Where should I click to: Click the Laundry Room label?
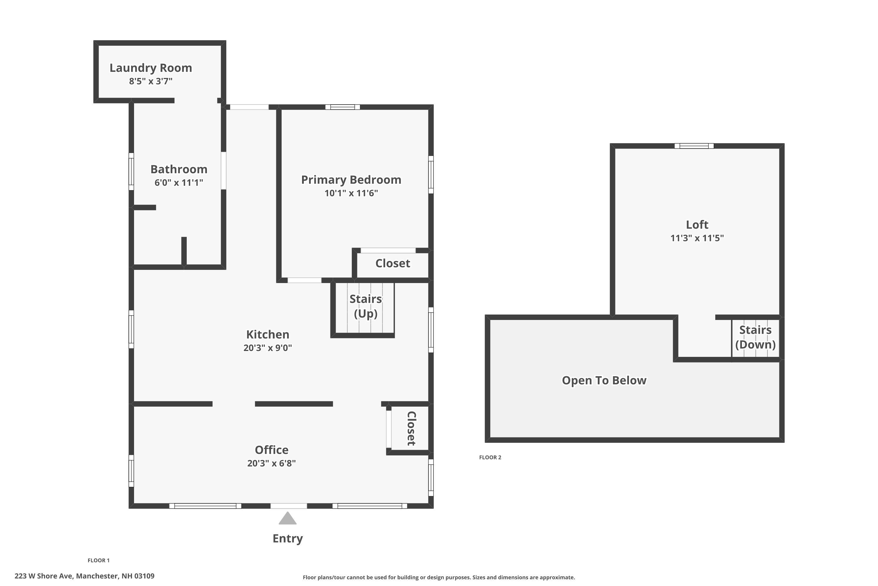coord(150,68)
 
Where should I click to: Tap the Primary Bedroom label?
coord(351,180)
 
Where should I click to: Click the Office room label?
coord(271,449)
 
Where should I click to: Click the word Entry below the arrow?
coord(287,539)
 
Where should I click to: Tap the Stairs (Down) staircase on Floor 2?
coord(755,338)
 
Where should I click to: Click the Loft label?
coord(697,225)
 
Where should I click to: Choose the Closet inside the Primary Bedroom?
coord(392,263)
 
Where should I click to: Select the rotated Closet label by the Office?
coord(411,429)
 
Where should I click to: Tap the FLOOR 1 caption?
coord(99,560)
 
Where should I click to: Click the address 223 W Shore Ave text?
coord(84,576)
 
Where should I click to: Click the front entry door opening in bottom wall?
coord(289,506)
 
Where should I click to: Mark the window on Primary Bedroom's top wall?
coord(342,107)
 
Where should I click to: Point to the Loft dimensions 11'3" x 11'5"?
coord(697,238)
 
